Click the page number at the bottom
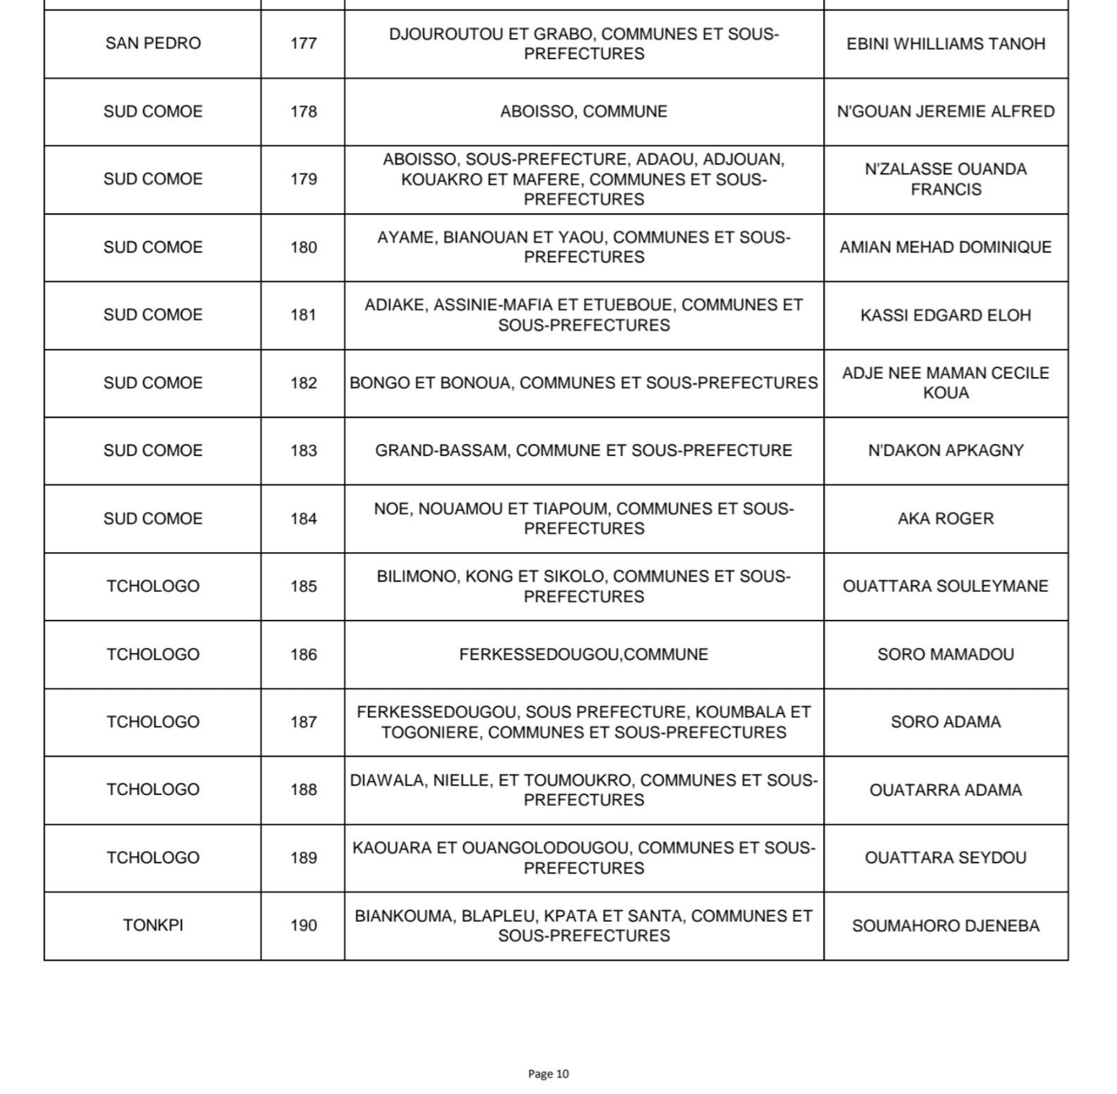[x=548, y=1074]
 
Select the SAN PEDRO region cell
[x=153, y=43]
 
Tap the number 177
[x=303, y=43]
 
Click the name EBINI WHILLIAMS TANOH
[x=946, y=43]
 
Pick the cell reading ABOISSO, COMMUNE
[x=583, y=112]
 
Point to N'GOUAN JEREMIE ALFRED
[x=946, y=112]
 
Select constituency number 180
[x=303, y=247]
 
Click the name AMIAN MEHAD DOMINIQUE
[x=946, y=247]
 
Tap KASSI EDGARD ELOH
[x=946, y=315]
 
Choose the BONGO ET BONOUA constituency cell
[x=583, y=383]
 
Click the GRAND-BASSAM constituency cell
[x=583, y=450]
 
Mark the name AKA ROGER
[x=946, y=518]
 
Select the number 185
[x=303, y=586]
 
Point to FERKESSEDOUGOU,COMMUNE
[x=583, y=654]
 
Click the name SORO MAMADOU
[x=946, y=654]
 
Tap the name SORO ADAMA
[x=946, y=721]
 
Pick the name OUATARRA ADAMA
[x=946, y=790]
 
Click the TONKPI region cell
[x=153, y=925]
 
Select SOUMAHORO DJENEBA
[x=946, y=926]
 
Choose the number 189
[x=303, y=858]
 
